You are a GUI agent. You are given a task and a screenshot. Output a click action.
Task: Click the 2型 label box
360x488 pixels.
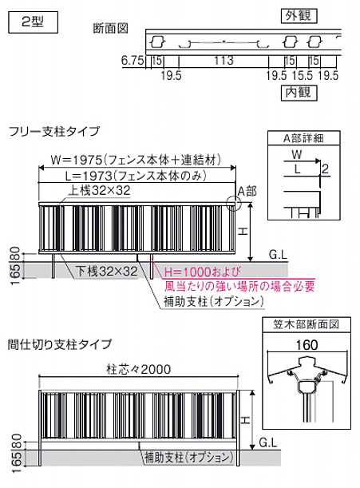pyautogui.click(x=33, y=22)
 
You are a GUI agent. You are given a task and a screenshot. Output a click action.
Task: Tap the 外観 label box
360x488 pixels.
pyautogui.click(x=299, y=15)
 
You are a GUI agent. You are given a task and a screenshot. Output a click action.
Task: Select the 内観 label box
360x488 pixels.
pyautogui.click(x=299, y=93)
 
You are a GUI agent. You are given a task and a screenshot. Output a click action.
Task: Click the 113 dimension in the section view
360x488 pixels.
pyautogui.click(x=224, y=60)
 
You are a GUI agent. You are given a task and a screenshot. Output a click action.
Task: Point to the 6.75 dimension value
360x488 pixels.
pyautogui.click(x=133, y=61)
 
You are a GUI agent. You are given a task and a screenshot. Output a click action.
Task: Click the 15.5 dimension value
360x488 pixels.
pyautogui.click(x=303, y=75)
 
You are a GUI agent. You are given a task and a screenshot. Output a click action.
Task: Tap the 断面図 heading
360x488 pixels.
pyautogui.click(x=110, y=29)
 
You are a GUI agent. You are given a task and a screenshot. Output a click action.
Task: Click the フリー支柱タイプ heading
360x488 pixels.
pyautogui.click(x=54, y=131)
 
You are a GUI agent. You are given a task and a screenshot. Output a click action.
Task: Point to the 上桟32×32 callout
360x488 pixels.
pyautogui.click(x=99, y=190)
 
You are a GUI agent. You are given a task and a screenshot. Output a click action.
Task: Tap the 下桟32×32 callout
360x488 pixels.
pyautogui.click(x=107, y=271)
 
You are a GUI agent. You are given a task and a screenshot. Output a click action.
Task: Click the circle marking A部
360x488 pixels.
pyautogui.click(x=234, y=203)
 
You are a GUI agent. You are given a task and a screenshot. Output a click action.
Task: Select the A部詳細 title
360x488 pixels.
pyautogui.click(x=303, y=138)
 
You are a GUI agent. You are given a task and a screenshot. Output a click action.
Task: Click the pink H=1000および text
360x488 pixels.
pyautogui.click(x=202, y=272)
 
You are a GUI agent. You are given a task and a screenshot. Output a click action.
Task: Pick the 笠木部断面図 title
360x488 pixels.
pyautogui.click(x=307, y=324)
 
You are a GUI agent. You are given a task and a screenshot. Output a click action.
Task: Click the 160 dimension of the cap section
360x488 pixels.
pyautogui.click(x=307, y=345)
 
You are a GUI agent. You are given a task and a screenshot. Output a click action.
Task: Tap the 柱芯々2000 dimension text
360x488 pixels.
pyautogui.click(x=138, y=369)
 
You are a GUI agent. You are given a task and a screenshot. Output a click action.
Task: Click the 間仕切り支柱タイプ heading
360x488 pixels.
pyautogui.click(x=60, y=344)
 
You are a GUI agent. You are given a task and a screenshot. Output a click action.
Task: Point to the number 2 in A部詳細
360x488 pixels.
pyautogui.click(x=325, y=169)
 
